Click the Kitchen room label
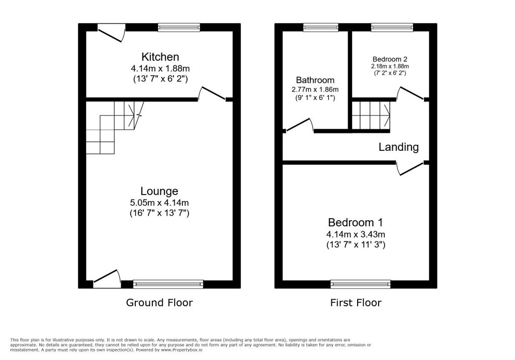pyautogui.click(x=160, y=57)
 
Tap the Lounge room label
pyautogui.click(x=159, y=191)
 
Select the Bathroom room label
pyautogui.click(x=315, y=80)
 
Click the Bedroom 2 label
pyautogui.click(x=390, y=58)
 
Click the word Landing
pyautogui.click(x=398, y=147)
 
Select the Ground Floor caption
pyautogui.click(x=159, y=302)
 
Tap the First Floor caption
pyautogui.click(x=356, y=302)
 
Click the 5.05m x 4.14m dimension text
pyautogui.click(x=160, y=203)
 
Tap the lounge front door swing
pyautogui.click(x=107, y=278)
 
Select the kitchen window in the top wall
pyautogui.click(x=179, y=27)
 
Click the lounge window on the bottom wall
pyautogui.click(x=168, y=284)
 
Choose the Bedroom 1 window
pyautogui.click(x=361, y=284)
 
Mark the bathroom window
pyautogui.click(x=321, y=27)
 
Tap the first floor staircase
pyautogui.click(x=371, y=115)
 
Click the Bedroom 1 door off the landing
pyautogui.click(x=410, y=168)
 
